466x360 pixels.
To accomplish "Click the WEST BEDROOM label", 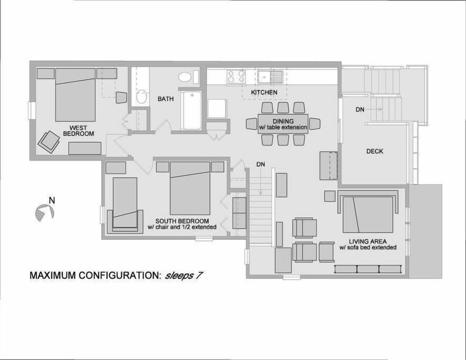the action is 79,131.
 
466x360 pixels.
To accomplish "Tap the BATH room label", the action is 166,99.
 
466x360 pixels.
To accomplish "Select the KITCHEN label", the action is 264,92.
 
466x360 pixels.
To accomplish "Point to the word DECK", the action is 374,151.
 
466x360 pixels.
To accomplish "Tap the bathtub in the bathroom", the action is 192,110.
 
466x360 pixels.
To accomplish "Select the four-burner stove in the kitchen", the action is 236,76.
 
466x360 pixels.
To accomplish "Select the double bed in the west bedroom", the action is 75,95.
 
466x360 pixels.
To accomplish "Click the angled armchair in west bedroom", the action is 49,142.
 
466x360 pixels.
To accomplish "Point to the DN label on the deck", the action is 360,110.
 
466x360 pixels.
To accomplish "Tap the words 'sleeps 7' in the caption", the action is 183,276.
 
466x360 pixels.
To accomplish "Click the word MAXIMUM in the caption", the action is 53,276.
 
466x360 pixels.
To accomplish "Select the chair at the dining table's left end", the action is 251,123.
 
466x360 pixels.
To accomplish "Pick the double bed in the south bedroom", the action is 190,188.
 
